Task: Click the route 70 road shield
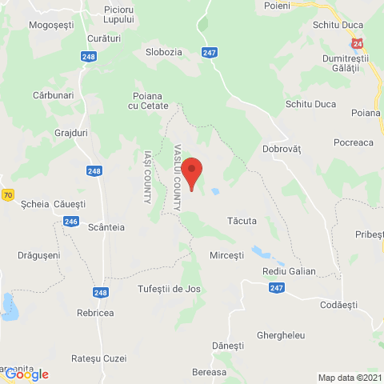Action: click(x=8, y=194)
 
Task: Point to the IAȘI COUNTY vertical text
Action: click(x=147, y=176)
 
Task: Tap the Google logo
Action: click(x=26, y=374)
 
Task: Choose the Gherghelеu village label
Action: click(x=281, y=334)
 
